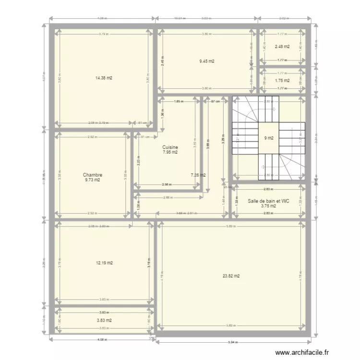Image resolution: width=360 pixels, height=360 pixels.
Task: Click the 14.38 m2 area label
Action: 104,78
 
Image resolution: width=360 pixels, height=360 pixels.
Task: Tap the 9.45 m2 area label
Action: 207,61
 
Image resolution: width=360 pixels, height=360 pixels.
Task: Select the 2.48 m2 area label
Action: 282,47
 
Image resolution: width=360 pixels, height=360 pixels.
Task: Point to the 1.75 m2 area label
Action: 282,81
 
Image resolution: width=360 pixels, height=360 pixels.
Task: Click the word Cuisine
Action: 170,147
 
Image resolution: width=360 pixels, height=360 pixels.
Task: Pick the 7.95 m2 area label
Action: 170,152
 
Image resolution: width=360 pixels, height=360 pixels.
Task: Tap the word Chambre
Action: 93,175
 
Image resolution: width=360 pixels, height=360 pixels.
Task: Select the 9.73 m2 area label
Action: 93,180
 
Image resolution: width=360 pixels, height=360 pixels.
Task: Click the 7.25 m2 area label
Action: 198,175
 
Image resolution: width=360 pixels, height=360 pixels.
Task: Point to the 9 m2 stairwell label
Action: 268,138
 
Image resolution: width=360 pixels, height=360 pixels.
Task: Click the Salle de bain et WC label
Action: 268,201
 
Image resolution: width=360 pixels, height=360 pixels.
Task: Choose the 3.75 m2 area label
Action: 268,206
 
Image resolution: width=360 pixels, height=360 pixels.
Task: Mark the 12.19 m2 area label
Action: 104,263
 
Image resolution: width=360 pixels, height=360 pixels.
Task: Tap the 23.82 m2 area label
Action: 231,276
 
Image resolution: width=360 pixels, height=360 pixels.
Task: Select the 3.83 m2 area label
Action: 104,320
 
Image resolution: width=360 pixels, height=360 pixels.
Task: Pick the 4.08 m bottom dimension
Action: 102,338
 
